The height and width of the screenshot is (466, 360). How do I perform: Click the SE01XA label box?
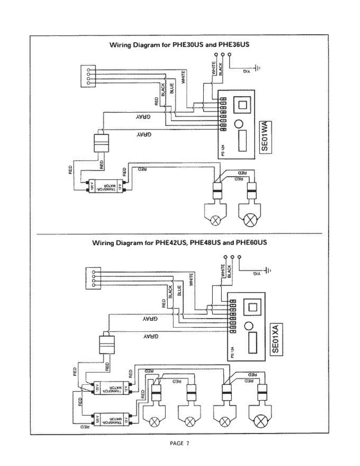tap(276, 340)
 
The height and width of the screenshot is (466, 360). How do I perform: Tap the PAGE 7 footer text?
tap(180, 443)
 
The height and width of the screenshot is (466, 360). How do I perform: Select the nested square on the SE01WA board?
tap(243, 104)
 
